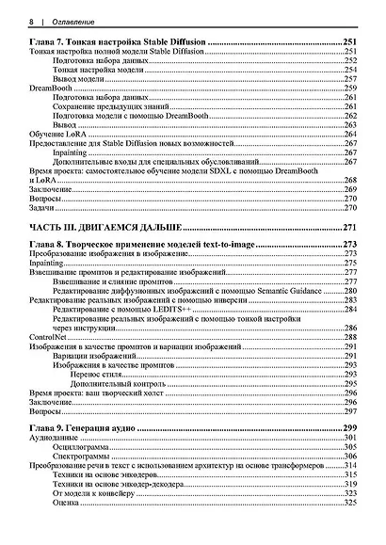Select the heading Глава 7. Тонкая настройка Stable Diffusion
pos(118,44)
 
